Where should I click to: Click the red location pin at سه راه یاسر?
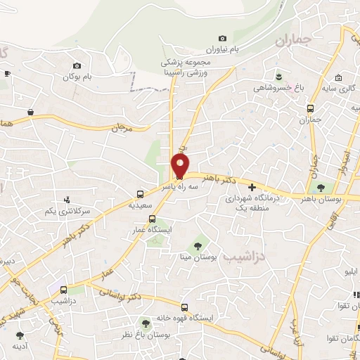[180, 166]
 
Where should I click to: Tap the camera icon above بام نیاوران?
[223, 38]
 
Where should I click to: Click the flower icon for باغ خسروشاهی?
[279, 76]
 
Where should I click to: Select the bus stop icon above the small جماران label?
[310, 108]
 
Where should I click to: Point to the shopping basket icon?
[31, 112]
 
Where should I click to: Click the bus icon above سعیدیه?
[141, 193]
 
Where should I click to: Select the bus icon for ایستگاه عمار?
[152, 219]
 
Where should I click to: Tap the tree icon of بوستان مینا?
[198, 245]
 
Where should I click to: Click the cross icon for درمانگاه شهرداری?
[252, 186]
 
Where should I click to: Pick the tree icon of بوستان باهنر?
[322, 187]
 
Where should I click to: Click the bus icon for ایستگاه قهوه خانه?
[184, 307]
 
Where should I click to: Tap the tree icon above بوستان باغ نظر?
[146, 323]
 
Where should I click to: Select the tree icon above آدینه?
[18, 335]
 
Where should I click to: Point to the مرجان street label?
[122, 129]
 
